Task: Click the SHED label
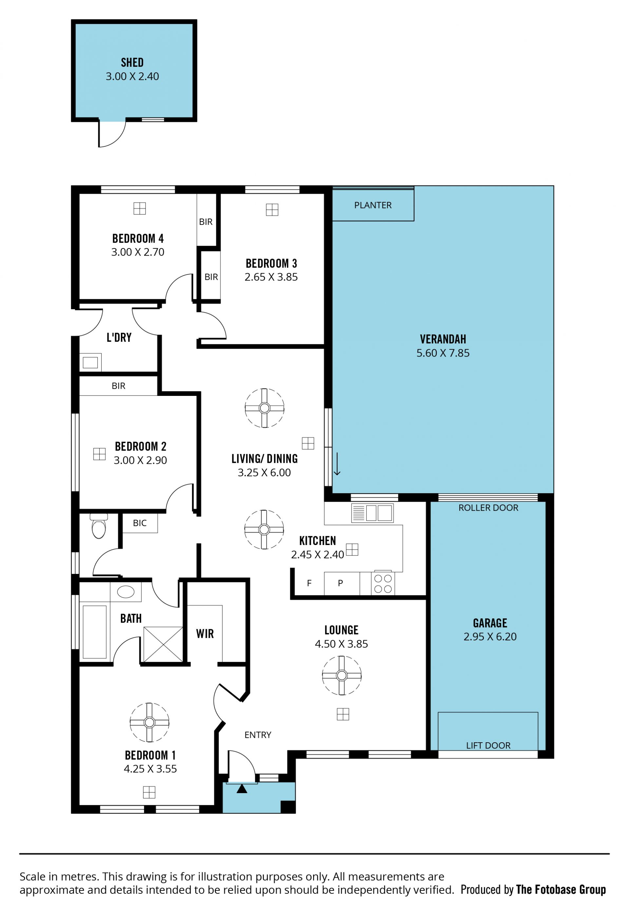click(132, 62)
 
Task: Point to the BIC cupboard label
click(140, 523)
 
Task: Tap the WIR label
click(205, 634)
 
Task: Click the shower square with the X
click(163, 644)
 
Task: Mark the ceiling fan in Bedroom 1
click(149, 722)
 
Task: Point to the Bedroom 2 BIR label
click(118, 386)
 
